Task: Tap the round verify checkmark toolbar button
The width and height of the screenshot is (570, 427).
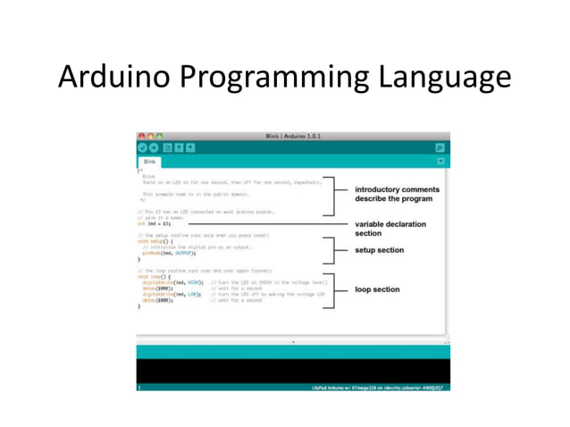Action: pyautogui.click(x=142, y=147)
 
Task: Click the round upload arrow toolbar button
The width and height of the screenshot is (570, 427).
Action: pyautogui.click(x=154, y=147)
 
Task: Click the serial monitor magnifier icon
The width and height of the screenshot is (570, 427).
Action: pyautogui.click(x=440, y=147)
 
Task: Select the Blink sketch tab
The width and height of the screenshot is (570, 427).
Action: pyautogui.click(x=149, y=162)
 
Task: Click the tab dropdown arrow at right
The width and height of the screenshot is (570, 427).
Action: pyautogui.click(x=440, y=162)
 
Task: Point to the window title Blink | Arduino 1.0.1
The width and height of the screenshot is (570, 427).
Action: pyautogui.click(x=294, y=136)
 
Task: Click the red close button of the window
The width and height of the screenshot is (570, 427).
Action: pyautogui.click(x=141, y=136)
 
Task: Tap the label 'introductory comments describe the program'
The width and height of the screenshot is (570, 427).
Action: pyautogui.click(x=397, y=194)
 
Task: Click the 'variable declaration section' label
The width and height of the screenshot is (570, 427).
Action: pyautogui.click(x=390, y=229)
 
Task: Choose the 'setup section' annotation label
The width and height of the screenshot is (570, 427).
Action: pyautogui.click(x=379, y=250)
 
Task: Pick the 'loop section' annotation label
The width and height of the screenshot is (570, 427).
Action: pyautogui.click(x=377, y=289)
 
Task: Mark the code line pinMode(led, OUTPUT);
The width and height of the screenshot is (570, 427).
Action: pyautogui.click(x=168, y=253)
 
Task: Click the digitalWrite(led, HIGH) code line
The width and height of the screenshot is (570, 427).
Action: pyautogui.click(x=172, y=282)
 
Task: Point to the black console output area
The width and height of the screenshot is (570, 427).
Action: pyautogui.click(x=293, y=370)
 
